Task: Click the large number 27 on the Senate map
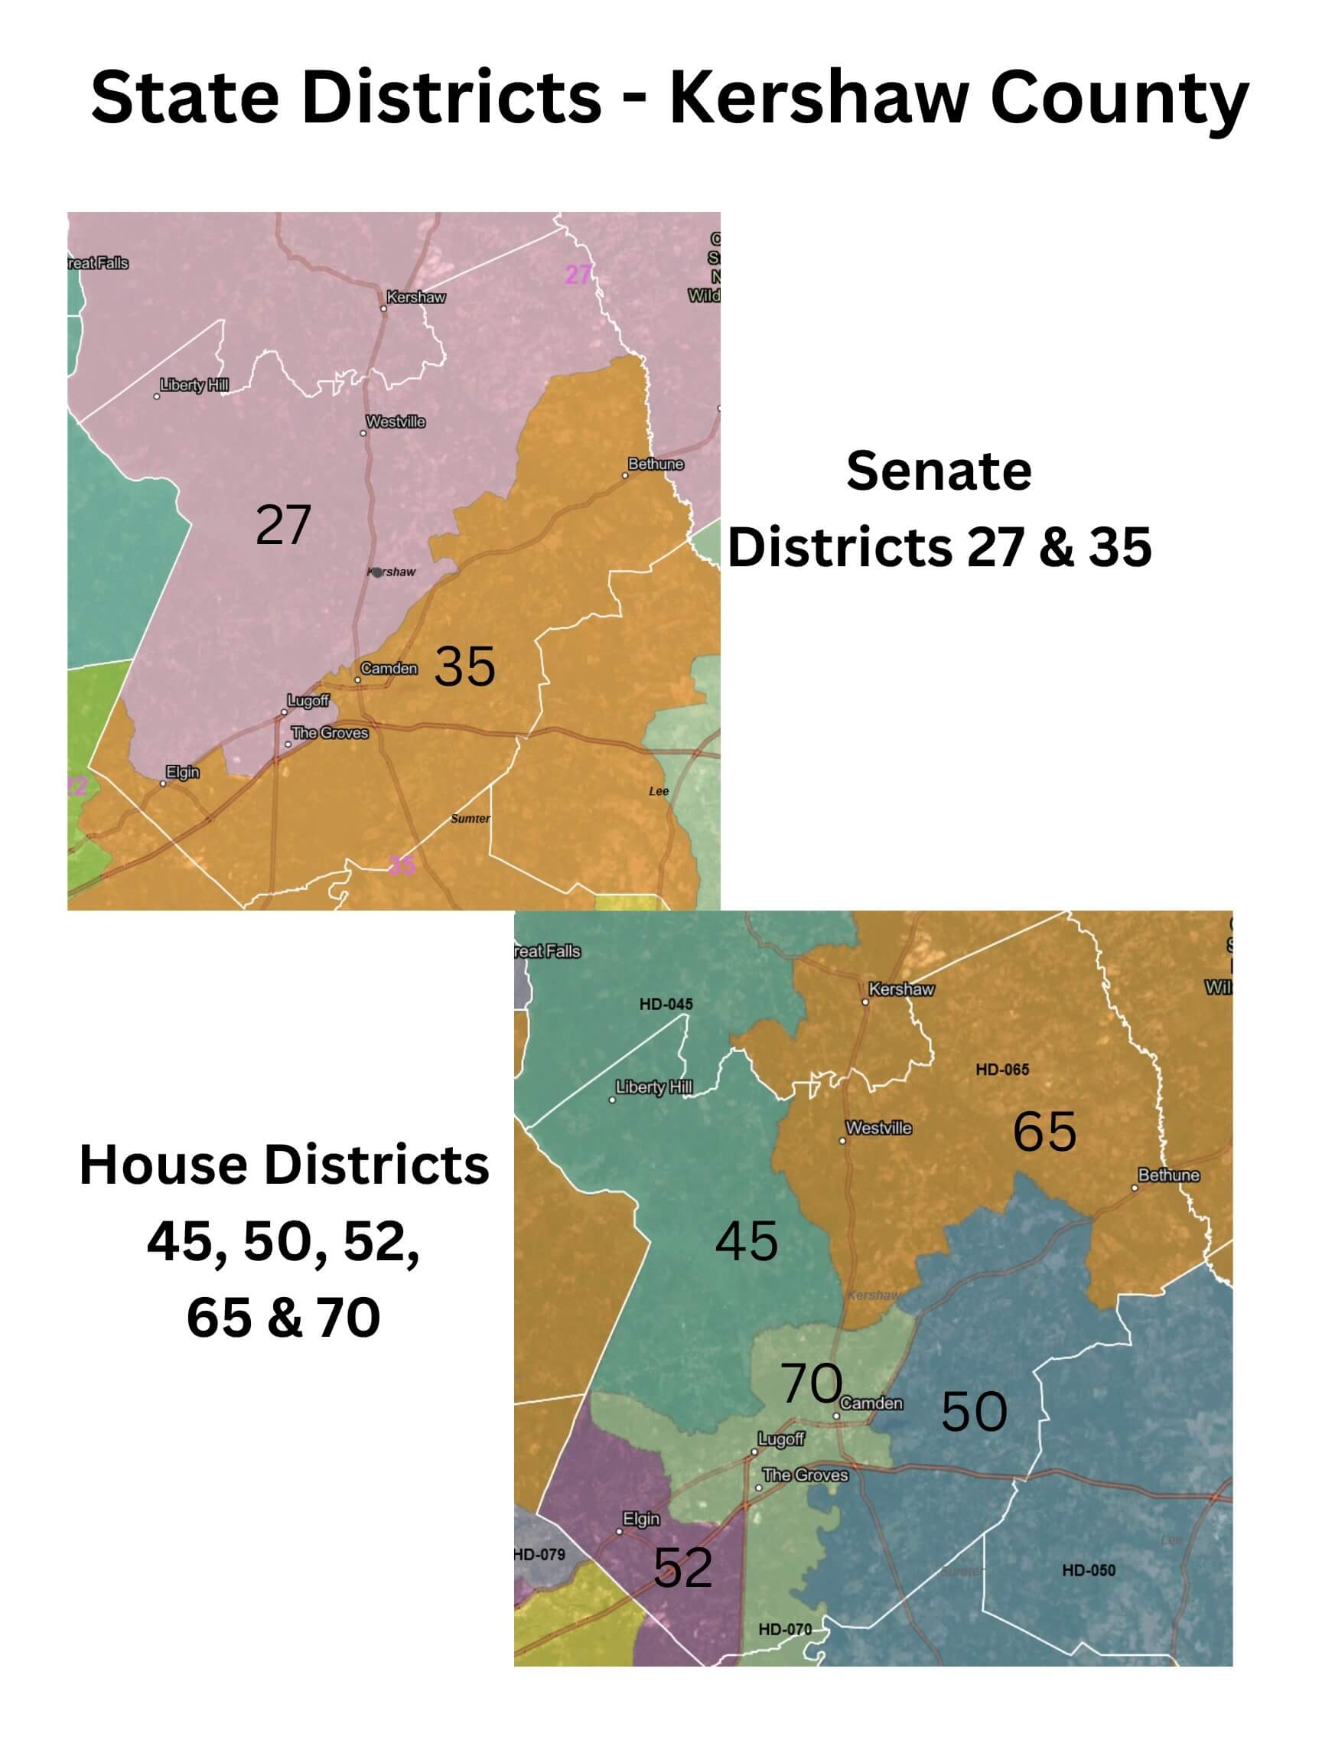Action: tap(283, 525)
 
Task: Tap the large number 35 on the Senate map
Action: tap(464, 666)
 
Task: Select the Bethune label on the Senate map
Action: tap(655, 464)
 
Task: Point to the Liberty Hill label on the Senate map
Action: tap(194, 385)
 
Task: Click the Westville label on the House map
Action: tap(878, 1128)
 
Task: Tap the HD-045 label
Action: tap(666, 1004)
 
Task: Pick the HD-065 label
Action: tap(1001, 1070)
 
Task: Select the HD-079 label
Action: tap(539, 1554)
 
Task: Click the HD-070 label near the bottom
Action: tap(784, 1629)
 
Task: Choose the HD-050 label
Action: tap(1088, 1570)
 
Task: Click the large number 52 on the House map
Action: tap(682, 1568)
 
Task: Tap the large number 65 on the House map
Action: tap(1044, 1131)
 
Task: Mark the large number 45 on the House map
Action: tap(746, 1241)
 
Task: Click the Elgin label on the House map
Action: tap(641, 1519)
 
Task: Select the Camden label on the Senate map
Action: tap(389, 668)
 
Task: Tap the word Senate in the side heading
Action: tap(938, 471)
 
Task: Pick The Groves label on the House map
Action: tap(805, 1475)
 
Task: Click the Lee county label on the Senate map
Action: tap(658, 790)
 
